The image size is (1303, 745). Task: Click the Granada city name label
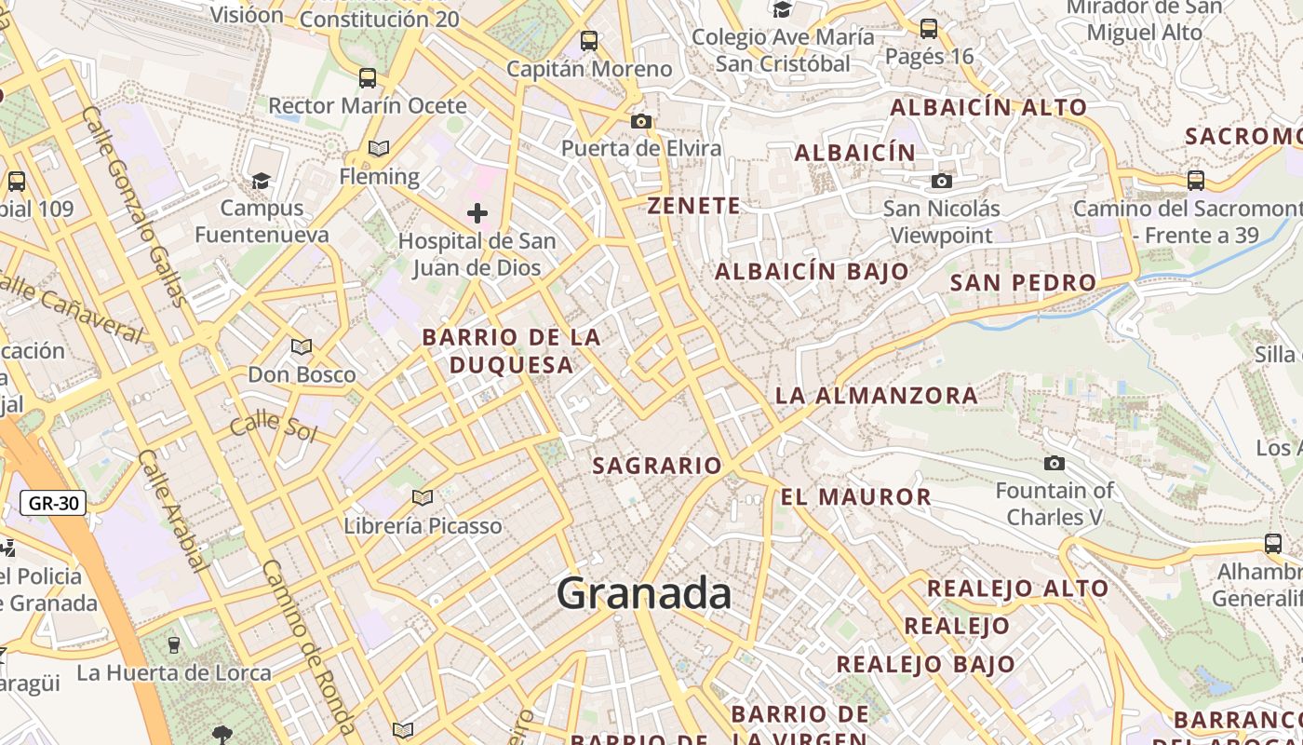tap(644, 593)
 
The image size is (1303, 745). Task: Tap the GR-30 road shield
tap(53, 504)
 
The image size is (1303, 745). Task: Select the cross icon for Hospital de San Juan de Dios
tap(477, 213)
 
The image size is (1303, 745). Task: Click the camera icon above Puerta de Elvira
tap(640, 121)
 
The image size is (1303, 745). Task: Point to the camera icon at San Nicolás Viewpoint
tap(942, 181)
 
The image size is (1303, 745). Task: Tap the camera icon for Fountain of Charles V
tap(1054, 463)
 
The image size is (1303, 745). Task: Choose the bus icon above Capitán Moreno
tap(588, 40)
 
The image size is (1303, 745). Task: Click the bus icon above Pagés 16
tap(928, 28)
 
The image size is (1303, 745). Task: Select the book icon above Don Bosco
tap(301, 347)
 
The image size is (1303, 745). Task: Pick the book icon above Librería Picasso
tap(423, 497)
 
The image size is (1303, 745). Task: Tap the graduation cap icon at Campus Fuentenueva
tap(261, 180)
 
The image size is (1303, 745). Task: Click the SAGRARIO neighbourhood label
tap(657, 465)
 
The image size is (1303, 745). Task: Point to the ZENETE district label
tap(694, 206)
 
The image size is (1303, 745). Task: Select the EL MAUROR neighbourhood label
tap(855, 496)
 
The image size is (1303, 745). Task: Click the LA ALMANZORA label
tap(876, 395)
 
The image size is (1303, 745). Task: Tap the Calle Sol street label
tap(274, 427)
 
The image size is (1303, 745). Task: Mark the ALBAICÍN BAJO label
tap(811, 271)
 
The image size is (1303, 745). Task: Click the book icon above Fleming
tap(378, 148)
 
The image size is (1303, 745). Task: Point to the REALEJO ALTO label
tap(1017, 588)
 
